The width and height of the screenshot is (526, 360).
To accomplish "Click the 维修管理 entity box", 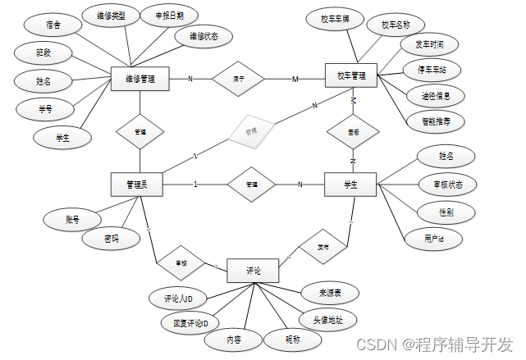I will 140,80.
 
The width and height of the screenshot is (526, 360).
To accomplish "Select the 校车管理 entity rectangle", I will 350,76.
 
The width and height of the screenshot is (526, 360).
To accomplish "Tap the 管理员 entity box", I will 136,185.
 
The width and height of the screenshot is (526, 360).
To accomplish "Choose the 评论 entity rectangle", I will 254,271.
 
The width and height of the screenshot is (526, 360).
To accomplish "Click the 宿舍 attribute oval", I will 53,25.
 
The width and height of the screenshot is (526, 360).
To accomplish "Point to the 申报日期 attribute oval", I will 158,16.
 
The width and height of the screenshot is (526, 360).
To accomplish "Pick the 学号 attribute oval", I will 45,108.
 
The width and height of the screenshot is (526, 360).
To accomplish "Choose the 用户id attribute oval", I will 433,239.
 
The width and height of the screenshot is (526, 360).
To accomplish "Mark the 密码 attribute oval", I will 110,239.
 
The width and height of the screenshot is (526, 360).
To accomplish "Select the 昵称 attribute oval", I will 292,339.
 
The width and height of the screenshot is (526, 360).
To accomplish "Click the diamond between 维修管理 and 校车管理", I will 239,79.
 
